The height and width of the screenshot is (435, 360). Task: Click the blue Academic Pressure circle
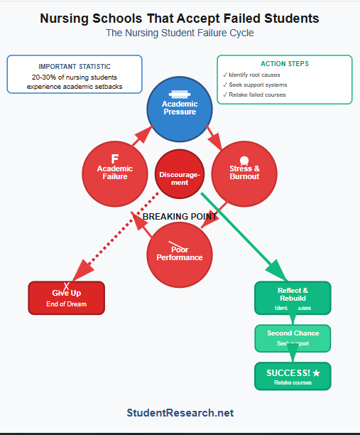180,109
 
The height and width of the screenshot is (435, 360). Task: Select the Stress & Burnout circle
244,173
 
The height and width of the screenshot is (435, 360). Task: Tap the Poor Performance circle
180,254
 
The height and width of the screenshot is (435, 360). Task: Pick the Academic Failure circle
115,173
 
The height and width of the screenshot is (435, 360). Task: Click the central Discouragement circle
180,174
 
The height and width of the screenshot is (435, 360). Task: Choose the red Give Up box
66,298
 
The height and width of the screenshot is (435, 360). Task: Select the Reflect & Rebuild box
293,298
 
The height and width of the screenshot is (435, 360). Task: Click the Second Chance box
293,338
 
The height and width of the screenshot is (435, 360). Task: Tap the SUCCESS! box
293,376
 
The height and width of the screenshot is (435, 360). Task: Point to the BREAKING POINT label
180,216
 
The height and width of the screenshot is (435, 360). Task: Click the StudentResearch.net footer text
180,412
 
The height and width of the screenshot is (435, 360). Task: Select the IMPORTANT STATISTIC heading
75,67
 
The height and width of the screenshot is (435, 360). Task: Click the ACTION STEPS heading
284,64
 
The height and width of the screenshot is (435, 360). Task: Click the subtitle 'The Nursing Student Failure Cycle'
180,33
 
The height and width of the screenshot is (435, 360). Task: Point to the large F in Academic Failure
115,159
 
